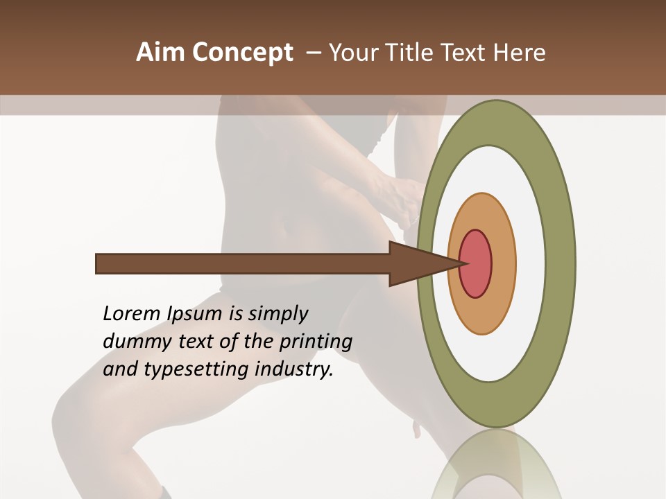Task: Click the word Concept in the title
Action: coord(242,53)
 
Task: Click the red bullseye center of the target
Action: coord(476,264)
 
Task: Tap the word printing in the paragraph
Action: coord(316,342)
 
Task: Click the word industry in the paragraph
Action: coord(294,370)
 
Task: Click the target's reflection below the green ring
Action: coord(497,464)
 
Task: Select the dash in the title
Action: coord(313,53)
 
